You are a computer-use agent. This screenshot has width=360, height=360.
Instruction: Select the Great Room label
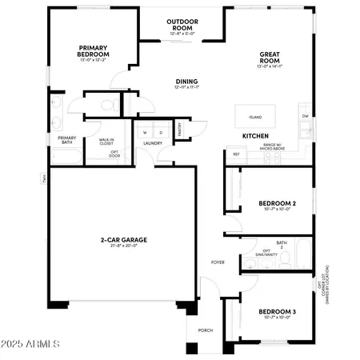[x=268, y=58]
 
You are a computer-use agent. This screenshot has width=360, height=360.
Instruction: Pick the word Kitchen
[x=255, y=137]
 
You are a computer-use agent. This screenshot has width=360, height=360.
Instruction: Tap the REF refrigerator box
[x=236, y=154]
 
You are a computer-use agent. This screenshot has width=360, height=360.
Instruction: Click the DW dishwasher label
[x=306, y=116]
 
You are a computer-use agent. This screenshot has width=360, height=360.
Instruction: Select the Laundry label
[x=153, y=144]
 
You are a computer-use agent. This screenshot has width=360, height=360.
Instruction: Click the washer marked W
[x=146, y=132]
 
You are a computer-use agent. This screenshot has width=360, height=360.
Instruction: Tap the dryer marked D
[x=161, y=132]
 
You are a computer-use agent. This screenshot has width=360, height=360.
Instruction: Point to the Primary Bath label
[x=66, y=141]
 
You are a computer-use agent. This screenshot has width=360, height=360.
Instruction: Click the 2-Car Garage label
[x=123, y=239]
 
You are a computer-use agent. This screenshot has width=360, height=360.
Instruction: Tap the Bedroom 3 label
[x=277, y=312]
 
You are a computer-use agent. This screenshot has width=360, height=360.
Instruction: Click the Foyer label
[x=218, y=262]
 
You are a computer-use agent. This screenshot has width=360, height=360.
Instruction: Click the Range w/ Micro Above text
[x=274, y=146]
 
